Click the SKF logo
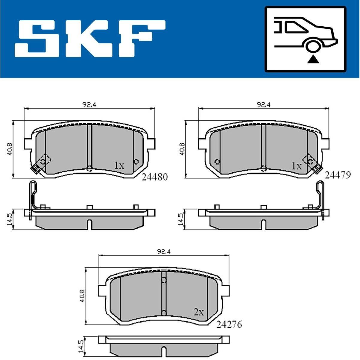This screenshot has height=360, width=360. [x=90, y=39]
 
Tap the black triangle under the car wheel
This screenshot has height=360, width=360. [x=313, y=60]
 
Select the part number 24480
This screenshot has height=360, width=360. [x=155, y=177]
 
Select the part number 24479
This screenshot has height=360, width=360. [x=338, y=175]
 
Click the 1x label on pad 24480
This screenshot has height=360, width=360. [x=119, y=165]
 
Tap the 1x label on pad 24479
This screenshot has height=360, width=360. [x=297, y=165]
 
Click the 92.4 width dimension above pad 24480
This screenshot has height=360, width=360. [x=89, y=105]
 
